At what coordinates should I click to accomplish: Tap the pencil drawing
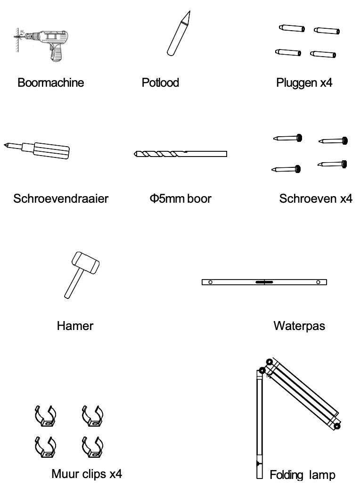point(179,34)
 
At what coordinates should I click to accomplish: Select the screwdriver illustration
point(37,149)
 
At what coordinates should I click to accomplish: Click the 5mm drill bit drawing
point(180,154)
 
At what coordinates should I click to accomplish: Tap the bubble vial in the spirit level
point(264,282)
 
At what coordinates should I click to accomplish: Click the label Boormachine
point(51,82)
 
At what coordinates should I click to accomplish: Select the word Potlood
point(160,82)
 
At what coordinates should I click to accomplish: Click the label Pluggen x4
point(304,83)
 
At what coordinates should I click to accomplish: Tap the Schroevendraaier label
point(61,198)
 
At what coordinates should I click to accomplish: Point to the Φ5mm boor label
point(180,198)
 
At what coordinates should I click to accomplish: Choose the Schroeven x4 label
point(316,198)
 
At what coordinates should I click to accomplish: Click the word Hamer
point(75,326)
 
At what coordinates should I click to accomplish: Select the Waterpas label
point(299,326)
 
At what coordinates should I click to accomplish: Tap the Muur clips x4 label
point(87,474)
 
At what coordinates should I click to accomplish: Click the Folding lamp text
point(302,475)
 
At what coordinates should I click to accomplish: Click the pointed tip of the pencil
point(189,11)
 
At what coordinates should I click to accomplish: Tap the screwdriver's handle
point(50,150)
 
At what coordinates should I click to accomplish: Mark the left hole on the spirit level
point(211,282)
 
